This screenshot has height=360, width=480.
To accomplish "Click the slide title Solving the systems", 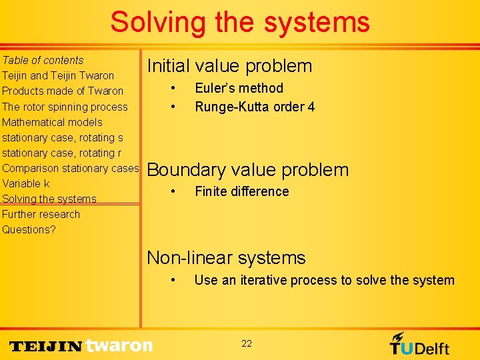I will (240, 22).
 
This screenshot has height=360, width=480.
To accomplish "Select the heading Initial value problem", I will (229, 66).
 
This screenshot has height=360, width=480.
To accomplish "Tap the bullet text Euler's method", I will (239, 88).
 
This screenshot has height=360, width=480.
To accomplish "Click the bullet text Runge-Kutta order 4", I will (255, 107).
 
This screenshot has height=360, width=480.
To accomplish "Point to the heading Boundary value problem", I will (247, 170).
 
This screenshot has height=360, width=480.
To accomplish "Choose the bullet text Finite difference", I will (241, 191).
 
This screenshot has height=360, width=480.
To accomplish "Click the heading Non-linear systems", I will (226, 258).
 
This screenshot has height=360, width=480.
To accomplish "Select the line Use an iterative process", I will (324, 280).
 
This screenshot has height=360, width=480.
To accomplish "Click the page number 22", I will (247, 343).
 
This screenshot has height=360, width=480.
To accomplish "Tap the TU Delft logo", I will (419, 343).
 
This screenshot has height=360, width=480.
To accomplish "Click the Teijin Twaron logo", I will (81, 345).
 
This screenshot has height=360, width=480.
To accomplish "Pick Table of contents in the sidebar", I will (43, 60).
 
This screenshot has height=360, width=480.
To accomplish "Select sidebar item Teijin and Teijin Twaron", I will (58, 75).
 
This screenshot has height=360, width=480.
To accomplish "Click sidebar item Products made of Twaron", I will (63, 91).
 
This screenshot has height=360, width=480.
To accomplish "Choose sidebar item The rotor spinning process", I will (65, 107).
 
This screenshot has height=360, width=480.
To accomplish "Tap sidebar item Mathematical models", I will (52, 122).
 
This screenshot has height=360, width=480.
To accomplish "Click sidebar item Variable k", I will (26, 183).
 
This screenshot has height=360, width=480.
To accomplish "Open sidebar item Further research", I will (41, 214).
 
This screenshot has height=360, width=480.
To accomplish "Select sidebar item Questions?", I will (29, 229).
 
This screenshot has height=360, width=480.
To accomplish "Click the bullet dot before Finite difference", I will (173, 191).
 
